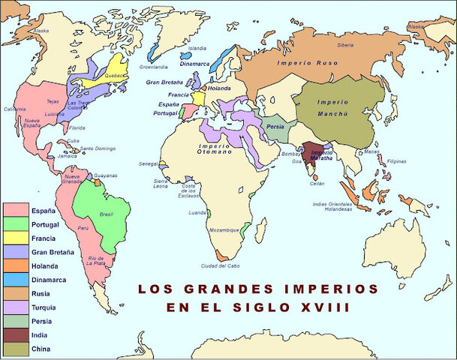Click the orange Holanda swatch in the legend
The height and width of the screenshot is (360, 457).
pos(16,266)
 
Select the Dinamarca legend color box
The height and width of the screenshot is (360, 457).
pos(16,280)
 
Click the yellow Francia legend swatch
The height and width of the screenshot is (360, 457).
pos(16,238)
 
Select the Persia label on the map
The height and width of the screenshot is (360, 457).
pos(275,126)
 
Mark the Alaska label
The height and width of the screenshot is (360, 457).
pos(41,31)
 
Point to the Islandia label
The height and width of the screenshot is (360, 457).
pos(197,47)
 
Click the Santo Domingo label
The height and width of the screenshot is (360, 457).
pos(98,148)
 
